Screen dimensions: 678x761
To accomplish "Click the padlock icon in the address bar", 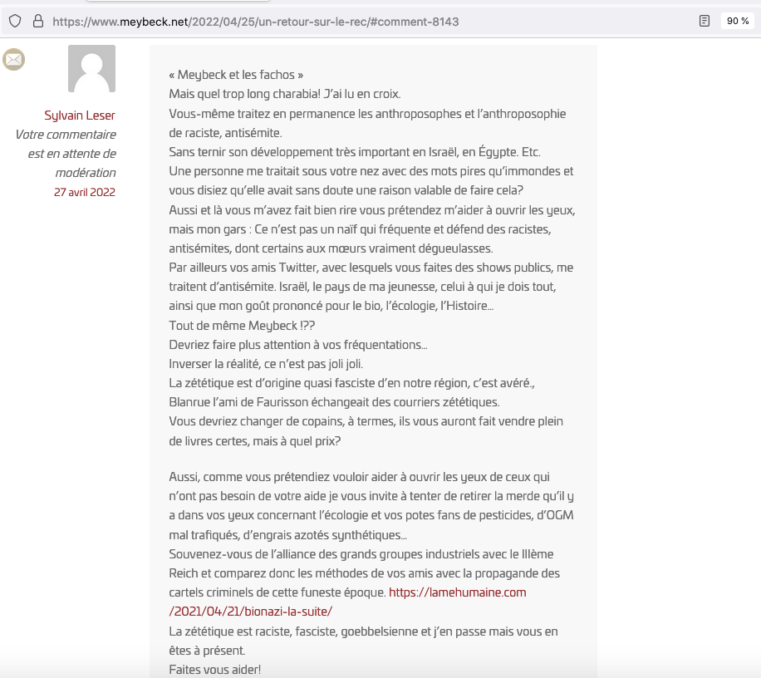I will click(37, 21).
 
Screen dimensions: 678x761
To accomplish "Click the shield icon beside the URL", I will click(15, 21).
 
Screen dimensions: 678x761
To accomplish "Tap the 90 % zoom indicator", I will click(737, 21).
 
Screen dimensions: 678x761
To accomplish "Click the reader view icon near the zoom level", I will click(705, 21).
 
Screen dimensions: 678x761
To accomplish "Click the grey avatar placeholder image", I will click(91, 69).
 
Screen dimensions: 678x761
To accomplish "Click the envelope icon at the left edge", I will click(14, 60).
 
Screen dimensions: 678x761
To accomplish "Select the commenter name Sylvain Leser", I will click(80, 115).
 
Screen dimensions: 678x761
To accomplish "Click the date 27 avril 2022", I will click(85, 192).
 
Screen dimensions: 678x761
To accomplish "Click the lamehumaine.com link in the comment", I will click(458, 592).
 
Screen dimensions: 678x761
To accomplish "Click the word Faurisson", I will click(300, 402).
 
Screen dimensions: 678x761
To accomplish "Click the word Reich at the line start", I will click(186, 573).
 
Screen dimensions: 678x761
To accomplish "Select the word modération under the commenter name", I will click(86, 173).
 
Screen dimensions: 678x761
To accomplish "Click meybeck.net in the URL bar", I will click(139, 22).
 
